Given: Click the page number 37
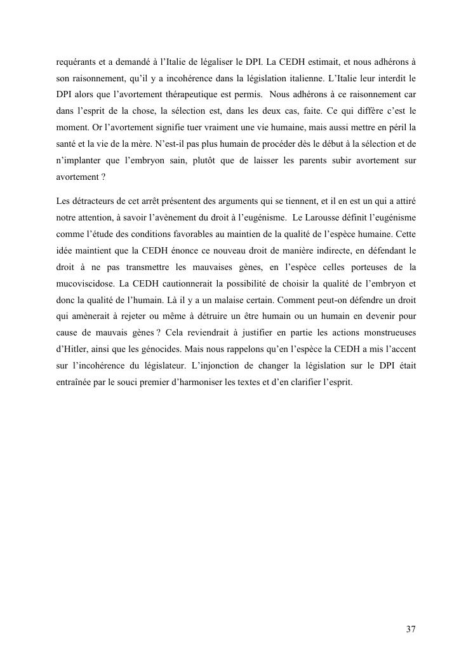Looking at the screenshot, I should (x=411, y=630).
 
